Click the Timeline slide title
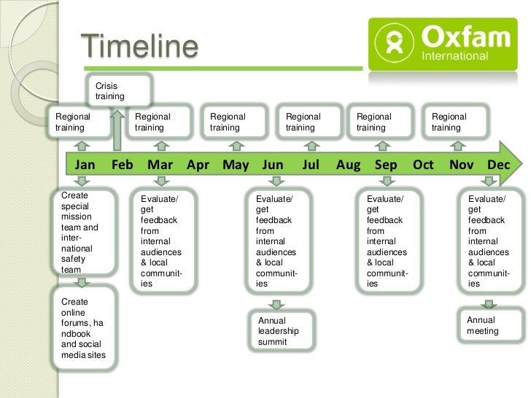click(x=139, y=47)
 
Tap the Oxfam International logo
click(x=444, y=44)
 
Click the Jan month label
click(x=85, y=165)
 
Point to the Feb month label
click(x=123, y=165)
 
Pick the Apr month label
click(x=198, y=165)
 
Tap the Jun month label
click(x=273, y=165)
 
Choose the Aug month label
click(x=348, y=165)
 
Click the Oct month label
click(x=423, y=165)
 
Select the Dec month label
click(x=498, y=165)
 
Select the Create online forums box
click(x=84, y=328)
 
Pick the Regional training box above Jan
click(x=79, y=122)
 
